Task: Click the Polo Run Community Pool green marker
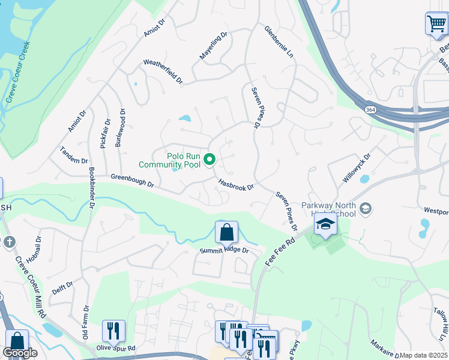[209, 160]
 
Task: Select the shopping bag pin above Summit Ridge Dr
[226, 232]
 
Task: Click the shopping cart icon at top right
[436, 25]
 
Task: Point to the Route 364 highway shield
[370, 110]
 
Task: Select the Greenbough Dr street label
[133, 180]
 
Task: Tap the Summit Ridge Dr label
[224, 250]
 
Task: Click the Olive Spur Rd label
[116, 348]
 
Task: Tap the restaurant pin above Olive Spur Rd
[113, 331]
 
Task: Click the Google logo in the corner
[20, 353]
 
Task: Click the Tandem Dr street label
[74, 157]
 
